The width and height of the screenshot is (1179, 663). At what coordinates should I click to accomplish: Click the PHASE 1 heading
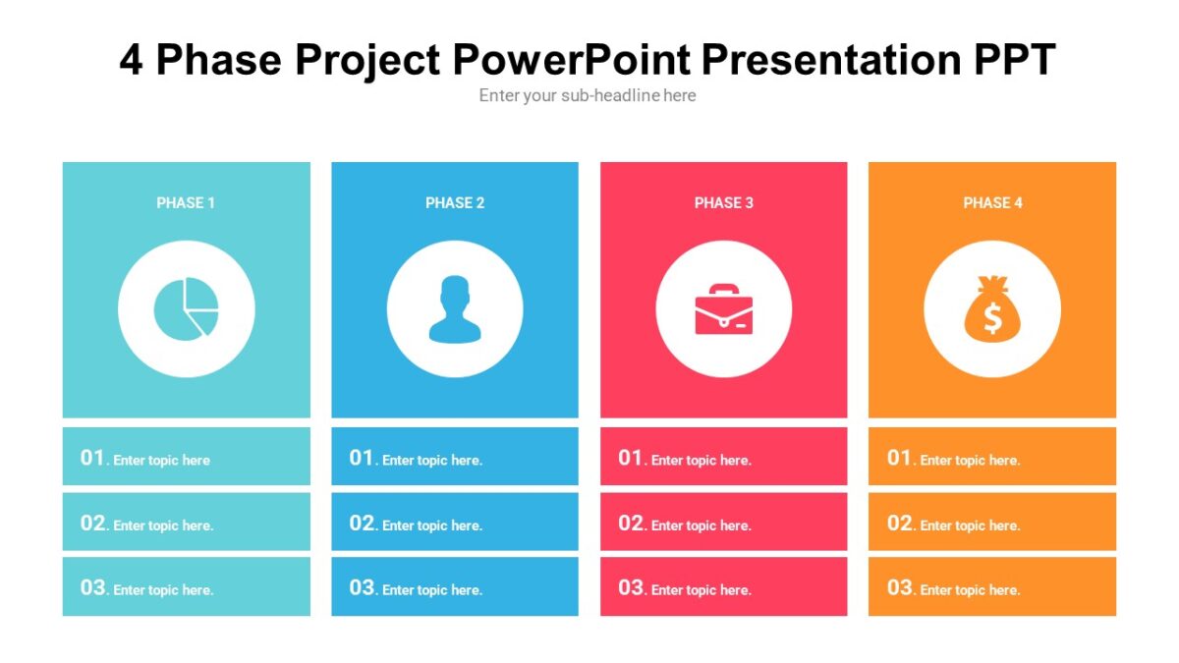[186, 202]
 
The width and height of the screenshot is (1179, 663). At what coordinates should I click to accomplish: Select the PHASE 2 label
[455, 202]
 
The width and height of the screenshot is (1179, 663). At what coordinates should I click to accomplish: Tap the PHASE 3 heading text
[723, 202]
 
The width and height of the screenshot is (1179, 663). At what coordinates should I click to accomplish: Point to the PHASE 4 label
[992, 202]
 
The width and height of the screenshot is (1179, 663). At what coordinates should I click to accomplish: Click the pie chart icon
[186, 308]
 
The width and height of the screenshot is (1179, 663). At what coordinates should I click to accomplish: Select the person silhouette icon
[455, 309]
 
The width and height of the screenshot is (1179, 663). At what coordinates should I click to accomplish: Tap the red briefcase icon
[723, 310]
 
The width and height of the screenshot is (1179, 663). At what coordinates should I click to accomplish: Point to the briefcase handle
[724, 289]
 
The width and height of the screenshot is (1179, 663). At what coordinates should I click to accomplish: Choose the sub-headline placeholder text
[588, 95]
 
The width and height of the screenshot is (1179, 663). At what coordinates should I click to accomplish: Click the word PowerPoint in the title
[573, 60]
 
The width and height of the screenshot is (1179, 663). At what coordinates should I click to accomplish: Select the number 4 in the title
[132, 60]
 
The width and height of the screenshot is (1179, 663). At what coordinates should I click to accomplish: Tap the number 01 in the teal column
[92, 458]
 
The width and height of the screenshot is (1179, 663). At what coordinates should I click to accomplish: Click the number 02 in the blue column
[362, 524]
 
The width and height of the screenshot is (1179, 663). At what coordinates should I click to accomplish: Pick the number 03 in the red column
[631, 588]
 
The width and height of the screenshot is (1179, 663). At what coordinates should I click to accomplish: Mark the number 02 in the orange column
[900, 524]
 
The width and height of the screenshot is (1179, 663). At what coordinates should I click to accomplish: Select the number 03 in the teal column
[92, 588]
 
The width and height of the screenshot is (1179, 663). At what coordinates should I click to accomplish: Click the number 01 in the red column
[631, 458]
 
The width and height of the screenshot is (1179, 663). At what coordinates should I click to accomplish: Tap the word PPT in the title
[1014, 60]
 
